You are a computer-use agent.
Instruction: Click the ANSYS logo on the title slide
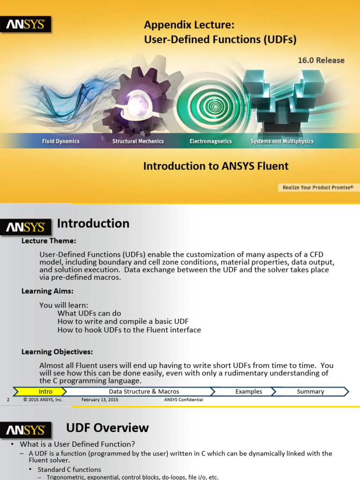tap(25, 24)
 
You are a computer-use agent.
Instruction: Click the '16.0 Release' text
tap(321, 60)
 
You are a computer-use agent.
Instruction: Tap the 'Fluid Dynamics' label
tap(60, 141)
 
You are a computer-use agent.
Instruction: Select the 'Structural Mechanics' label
tap(138, 141)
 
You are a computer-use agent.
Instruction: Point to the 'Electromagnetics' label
tap(210, 141)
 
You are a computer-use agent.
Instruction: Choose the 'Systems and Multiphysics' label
tap(282, 141)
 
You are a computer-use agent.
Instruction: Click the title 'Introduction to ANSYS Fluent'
tap(216, 166)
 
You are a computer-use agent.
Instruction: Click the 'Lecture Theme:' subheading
tap(49, 241)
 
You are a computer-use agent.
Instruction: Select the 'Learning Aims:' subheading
tap(47, 291)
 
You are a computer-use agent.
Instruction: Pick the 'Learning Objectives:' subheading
tap(57, 352)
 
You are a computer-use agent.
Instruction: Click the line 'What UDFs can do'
tap(89, 313)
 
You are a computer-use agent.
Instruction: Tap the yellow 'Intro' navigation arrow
tap(45, 391)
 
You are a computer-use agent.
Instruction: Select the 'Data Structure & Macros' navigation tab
tap(144, 391)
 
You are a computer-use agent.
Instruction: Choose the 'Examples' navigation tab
tap(248, 391)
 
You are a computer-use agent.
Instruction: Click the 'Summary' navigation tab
tap(310, 391)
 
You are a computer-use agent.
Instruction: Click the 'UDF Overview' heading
tap(107, 427)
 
